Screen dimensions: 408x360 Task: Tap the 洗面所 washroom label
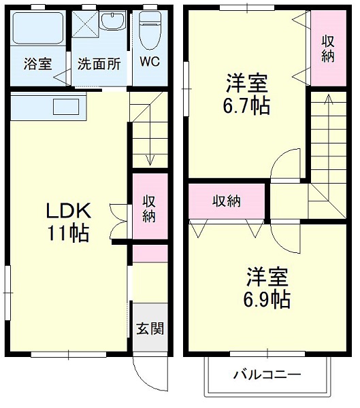tap(99, 65)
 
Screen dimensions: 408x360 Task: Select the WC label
tap(149, 61)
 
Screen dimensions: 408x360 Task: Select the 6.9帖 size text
tap(267, 298)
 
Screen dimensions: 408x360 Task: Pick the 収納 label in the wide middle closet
tap(226, 201)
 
